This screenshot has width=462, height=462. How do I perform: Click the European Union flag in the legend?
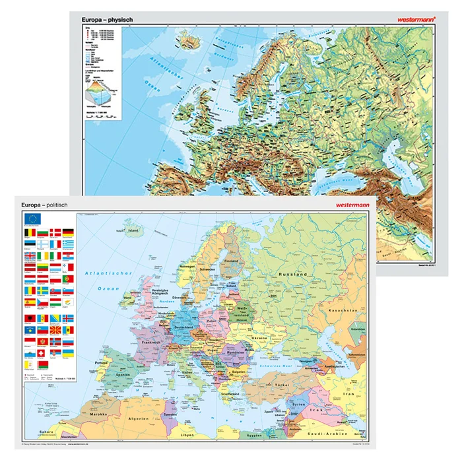pyautogui.click(x=32, y=220)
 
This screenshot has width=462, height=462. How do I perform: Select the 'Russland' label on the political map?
pyautogui.click(x=275, y=273)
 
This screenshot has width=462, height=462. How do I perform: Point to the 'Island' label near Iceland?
pyautogui.click(x=135, y=231)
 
